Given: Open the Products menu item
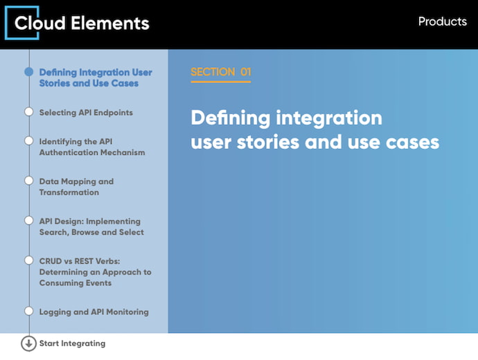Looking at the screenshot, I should tap(442, 21).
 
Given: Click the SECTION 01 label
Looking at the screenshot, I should tap(220, 72).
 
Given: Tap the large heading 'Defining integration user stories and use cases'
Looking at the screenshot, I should tap(315, 129).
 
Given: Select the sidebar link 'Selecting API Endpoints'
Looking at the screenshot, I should tap(86, 112).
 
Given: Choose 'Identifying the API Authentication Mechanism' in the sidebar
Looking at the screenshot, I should tap(92, 147).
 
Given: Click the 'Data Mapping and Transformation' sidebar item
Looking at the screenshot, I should tap(76, 187).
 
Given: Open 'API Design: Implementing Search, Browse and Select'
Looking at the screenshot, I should tap(91, 227).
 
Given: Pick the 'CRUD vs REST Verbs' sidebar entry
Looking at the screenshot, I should tap(95, 272).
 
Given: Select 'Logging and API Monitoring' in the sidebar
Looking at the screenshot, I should tap(94, 312).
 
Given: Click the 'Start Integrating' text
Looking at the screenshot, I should tap(72, 343).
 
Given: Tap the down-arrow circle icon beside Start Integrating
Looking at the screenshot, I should tap(28, 343).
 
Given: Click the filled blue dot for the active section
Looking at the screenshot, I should tap(29, 71).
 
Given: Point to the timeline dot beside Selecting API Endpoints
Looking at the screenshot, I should tap(29, 111).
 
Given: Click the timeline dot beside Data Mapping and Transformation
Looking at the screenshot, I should tap(29, 181).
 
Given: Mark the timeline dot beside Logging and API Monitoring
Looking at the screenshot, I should tap(29, 311).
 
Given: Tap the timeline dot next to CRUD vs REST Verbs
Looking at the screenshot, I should tap(29, 261).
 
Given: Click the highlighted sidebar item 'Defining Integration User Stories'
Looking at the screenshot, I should tap(96, 78).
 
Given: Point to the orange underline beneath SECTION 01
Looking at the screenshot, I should tap(220, 82).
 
